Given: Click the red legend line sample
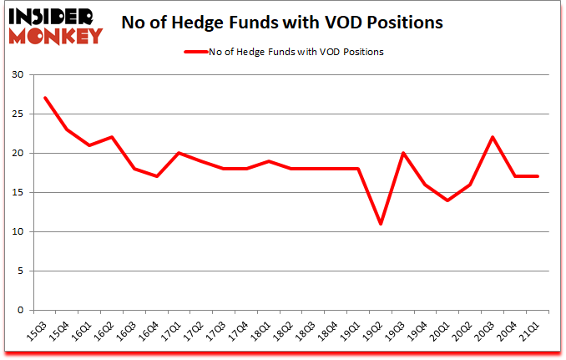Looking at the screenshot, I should pyautogui.click(x=204, y=52).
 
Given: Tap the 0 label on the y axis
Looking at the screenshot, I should pyautogui.click(x=19, y=311).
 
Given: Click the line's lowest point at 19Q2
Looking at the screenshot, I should pyautogui.click(x=382, y=224).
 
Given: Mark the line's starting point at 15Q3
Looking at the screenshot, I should pyautogui.click(x=45, y=98).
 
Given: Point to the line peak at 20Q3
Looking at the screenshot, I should pyautogui.click(x=493, y=137).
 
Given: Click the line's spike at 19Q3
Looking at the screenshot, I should pyautogui.click(x=404, y=153).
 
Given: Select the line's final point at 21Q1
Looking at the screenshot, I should pyautogui.click(x=538, y=176).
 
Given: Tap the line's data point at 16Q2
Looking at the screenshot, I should pyautogui.click(x=113, y=137).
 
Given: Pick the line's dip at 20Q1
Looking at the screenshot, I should pyautogui.click(x=449, y=200).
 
